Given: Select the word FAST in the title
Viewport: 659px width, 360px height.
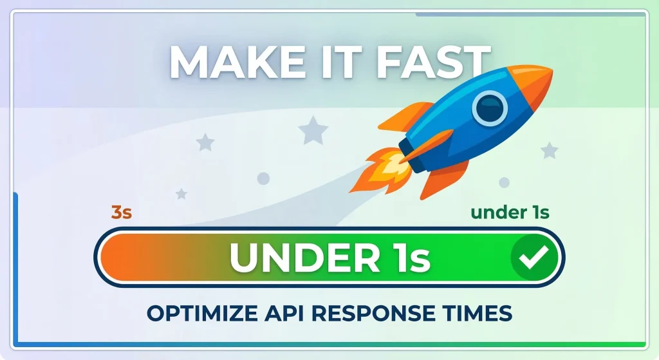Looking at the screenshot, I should pos(425,62).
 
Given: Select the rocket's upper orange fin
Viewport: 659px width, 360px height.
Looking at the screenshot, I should pos(403,116).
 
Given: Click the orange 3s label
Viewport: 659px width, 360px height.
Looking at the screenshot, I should pos(122,213).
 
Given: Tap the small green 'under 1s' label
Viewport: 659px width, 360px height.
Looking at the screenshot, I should pos(510,212).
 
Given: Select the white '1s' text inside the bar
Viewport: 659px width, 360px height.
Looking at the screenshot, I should pos(405,257).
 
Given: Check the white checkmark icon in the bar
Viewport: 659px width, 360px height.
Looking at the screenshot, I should pos(534,258).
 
